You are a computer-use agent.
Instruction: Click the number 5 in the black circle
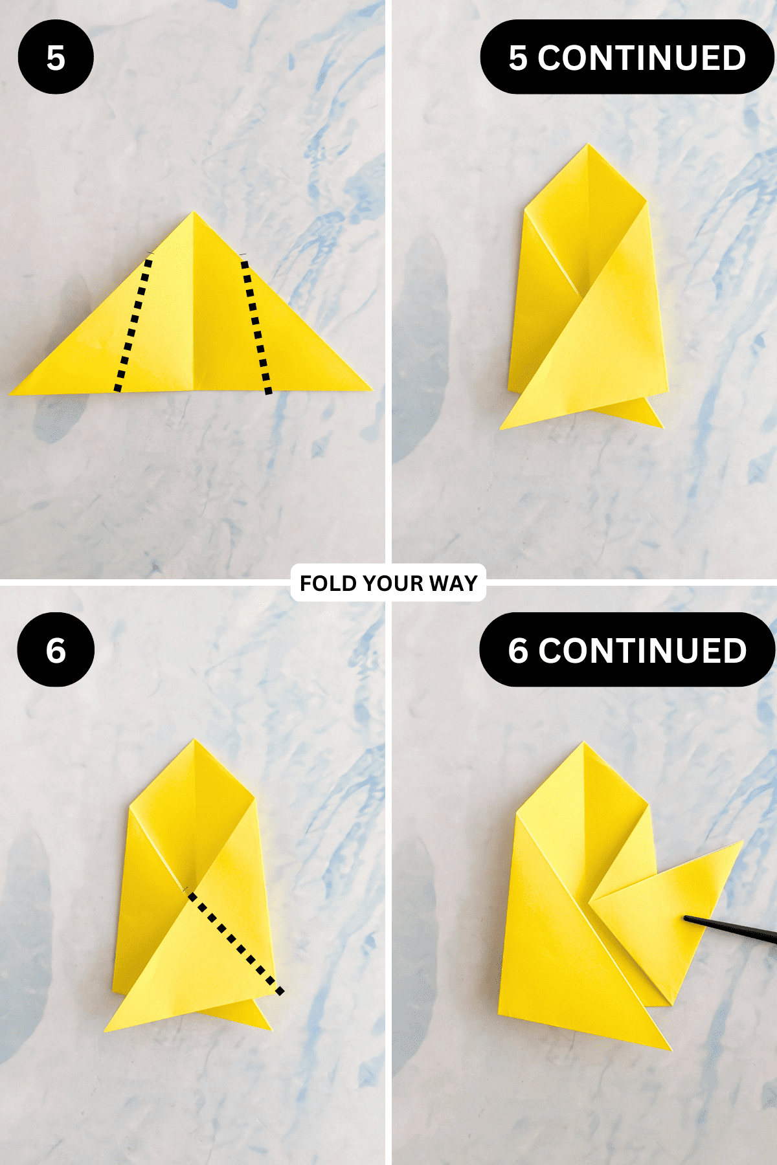click(x=56, y=58)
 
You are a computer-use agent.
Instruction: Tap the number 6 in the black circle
click(x=56, y=650)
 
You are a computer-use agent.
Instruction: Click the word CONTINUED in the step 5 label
click(x=642, y=58)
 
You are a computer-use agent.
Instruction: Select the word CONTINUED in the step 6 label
click(x=642, y=650)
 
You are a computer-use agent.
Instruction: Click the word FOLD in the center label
click(x=328, y=583)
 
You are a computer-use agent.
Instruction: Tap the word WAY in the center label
click(x=453, y=583)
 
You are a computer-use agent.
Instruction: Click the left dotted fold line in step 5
click(x=133, y=324)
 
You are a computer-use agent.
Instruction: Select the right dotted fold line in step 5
click(x=256, y=326)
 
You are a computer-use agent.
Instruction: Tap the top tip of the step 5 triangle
click(x=194, y=212)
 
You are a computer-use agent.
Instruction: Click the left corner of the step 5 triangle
click(x=10, y=393)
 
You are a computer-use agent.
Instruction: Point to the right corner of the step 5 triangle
click(x=372, y=390)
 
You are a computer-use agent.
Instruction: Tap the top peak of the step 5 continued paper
click(x=588, y=144)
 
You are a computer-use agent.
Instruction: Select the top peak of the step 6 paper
click(x=194, y=740)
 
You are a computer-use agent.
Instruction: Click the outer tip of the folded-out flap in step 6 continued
click(x=743, y=841)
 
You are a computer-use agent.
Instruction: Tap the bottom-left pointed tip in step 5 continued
click(x=501, y=428)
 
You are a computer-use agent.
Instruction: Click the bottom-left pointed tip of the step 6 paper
click(x=106, y=1030)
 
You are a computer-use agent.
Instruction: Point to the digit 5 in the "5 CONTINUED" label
click(x=518, y=58)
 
